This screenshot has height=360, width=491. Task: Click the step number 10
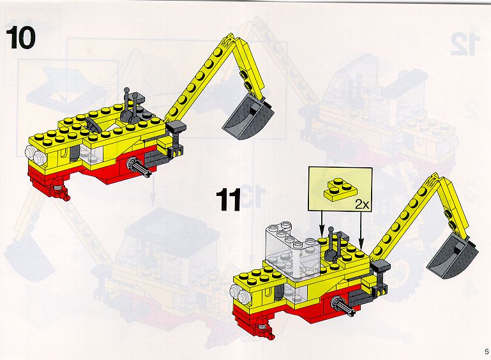[20, 38]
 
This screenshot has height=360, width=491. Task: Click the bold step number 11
[229, 199]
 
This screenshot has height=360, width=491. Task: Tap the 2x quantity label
[362, 205]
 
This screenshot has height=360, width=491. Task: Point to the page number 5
[487, 352]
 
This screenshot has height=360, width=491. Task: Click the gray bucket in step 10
[248, 118]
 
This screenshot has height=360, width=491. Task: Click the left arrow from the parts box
[322, 225]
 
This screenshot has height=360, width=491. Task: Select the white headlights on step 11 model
[239, 294]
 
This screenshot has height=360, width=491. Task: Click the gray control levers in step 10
[132, 105]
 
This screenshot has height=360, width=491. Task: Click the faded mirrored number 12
[465, 45]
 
